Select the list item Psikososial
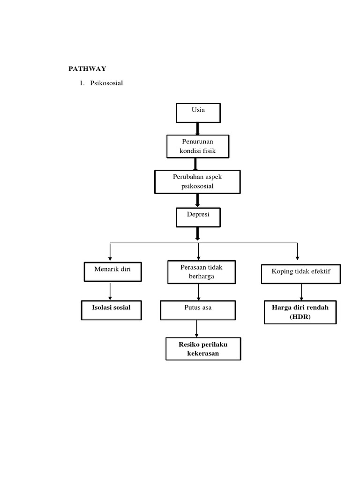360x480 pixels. pyautogui.click(x=103, y=83)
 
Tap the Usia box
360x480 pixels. pyautogui.click(x=198, y=112)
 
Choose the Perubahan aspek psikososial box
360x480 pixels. pyautogui.click(x=197, y=181)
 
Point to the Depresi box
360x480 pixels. pyautogui.click(x=197, y=217)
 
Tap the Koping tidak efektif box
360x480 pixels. pyautogui.click(x=300, y=273)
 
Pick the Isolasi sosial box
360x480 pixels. pyautogui.click(x=111, y=310)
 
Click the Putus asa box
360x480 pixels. pyautogui.click(x=197, y=310)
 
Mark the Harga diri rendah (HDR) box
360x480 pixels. pyautogui.click(x=300, y=312)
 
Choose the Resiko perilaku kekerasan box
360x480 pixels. pyautogui.click(x=203, y=348)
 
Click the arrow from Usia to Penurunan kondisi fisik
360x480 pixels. pyautogui.click(x=197, y=128)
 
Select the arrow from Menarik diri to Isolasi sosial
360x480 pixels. pyautogui.click(x=110, y=291)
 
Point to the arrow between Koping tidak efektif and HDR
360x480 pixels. pyautogui.click(x=301, y=292)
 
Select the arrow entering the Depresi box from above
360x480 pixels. pyautogui.click(x=198, y=200)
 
